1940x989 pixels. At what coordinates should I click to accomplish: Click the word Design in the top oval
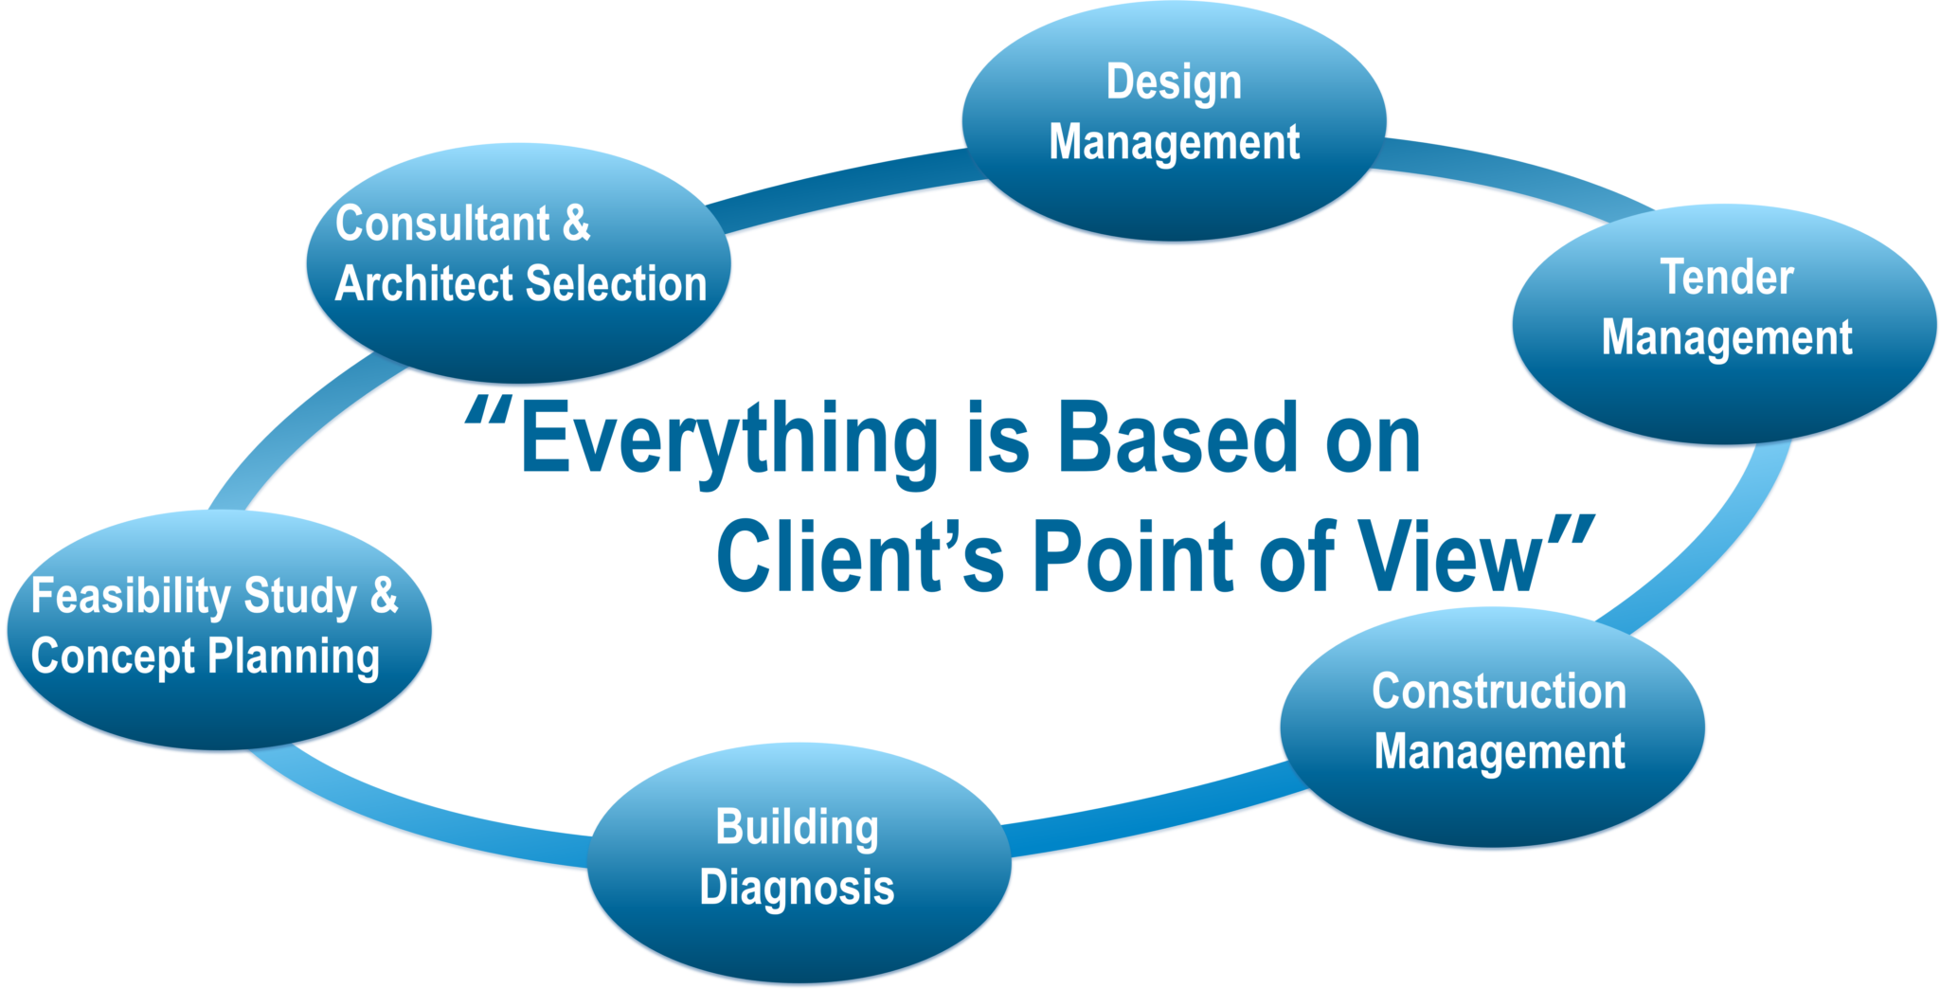[x=1174, y=82]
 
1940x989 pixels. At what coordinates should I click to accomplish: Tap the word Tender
[x=1727, y=278]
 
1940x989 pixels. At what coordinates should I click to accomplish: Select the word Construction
[x=1499, y=692]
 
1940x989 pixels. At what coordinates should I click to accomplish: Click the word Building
[x=797, y=828]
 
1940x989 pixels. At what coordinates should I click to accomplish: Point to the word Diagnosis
[x=797, y=889]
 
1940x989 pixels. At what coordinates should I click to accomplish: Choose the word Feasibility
[x=131, y=597]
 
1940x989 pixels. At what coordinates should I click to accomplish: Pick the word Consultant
[x=442, y=225]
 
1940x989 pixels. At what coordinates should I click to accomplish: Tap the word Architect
[x=424, y=284]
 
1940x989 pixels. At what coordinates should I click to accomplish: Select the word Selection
[x=616, y=284]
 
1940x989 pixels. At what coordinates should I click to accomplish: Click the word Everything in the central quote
[x=728, y=440]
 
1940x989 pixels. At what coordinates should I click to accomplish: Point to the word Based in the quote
[x=1177, y=438]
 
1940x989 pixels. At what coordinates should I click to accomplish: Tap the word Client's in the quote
[x=859, y=557]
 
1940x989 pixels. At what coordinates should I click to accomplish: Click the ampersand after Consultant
[x=576, y=225]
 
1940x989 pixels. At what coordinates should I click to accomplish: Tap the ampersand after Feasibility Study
[x=384, y=596]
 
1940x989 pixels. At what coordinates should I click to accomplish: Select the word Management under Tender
[x=1726, y=338]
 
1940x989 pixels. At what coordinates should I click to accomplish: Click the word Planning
[x=294, y=657]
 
